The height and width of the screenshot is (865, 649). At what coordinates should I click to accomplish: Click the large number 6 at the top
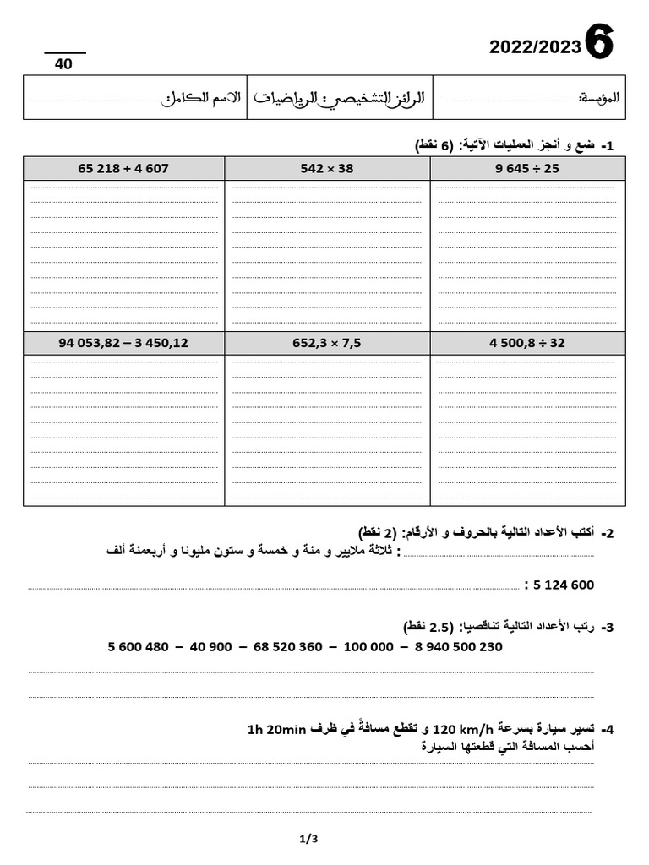[x=599, y=42]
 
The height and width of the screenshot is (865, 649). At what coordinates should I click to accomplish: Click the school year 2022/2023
[x=535, y=47]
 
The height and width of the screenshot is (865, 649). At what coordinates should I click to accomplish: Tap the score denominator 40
[x=64, y=64]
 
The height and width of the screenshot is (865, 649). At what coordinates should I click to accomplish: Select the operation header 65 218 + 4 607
[x=123, y=168]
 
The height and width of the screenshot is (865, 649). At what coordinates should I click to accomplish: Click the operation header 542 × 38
[x=327, y=168]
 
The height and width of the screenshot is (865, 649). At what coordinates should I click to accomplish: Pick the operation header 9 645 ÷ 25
[x=527, y=168]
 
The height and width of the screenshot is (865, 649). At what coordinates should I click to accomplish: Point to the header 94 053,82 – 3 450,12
[x=123, y=343]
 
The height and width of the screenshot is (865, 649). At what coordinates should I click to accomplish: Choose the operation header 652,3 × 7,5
[x=327, y=343]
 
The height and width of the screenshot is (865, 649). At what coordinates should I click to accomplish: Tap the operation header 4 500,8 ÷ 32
[x=527, y=343]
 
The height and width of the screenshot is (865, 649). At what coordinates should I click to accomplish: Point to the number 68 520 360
[x=287, y=647]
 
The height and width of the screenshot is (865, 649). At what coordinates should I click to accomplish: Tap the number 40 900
[x=211, y=647]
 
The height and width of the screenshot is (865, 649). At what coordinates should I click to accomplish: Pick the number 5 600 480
[x=139, y=647]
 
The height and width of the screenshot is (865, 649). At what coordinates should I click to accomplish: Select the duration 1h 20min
[x=278, y=729]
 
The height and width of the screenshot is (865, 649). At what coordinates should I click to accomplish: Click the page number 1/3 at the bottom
[x=308, y=839]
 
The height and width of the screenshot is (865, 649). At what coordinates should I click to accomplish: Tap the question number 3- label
[x=607, y=628]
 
